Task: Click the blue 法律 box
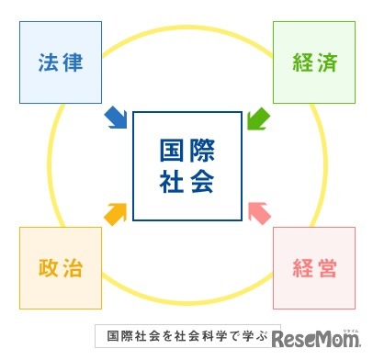point(60,62)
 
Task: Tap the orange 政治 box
point(60,268)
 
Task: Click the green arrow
point(258,118)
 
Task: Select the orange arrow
point(116,213)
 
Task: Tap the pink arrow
point(259,213)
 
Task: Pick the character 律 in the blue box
point(73,62)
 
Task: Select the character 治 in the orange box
point(73,268)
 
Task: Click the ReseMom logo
point(321,335)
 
